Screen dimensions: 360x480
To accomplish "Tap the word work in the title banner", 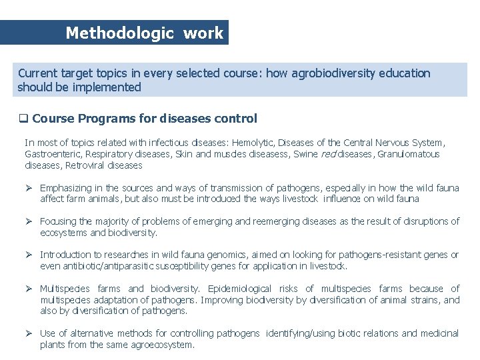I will tap(203, 33).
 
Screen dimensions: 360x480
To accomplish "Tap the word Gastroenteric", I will tap(51, 154).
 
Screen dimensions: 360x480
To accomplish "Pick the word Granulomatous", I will tap(409, 154).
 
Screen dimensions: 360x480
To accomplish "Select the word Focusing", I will tap(59, 221).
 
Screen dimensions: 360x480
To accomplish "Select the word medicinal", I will tap(439, 333).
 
